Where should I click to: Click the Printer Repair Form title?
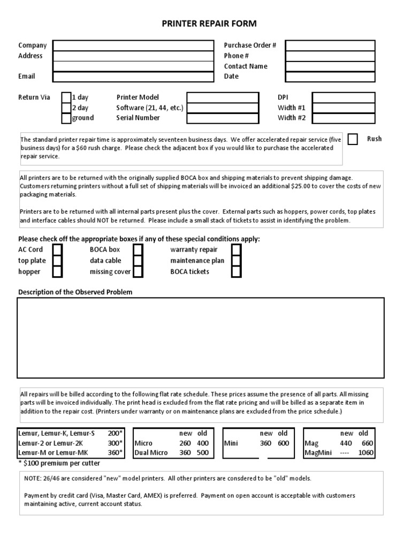[209, 24]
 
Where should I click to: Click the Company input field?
[132, 45]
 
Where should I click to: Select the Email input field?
[132, 77]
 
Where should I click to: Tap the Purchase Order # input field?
[330, 45]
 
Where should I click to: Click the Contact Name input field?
[330, 66]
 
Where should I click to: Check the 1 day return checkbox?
[66, 97]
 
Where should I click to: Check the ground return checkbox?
[66, 118]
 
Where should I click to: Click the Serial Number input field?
[222, 118]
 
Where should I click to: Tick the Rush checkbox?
[353, 139]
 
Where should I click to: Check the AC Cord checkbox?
[57, 250]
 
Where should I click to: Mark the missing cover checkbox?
[138, 272]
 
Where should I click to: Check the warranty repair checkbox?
[236, 250]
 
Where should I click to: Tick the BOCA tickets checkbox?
[236, 272]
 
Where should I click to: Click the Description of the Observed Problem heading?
[75, 292]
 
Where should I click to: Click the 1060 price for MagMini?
[367, 453]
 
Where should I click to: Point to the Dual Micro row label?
[151, 453]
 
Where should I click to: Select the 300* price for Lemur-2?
[115, 443]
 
